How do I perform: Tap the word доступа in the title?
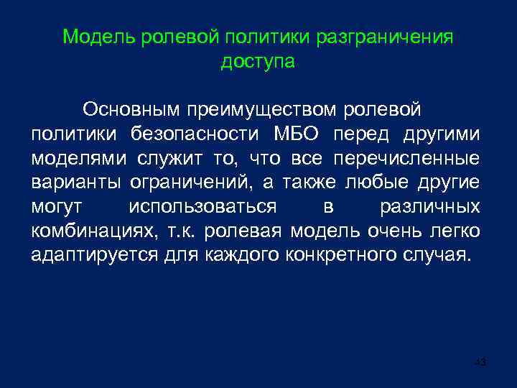click(x=258, y=62)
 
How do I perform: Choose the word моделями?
click(x=80, y=158)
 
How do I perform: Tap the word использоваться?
click(x=202, y=207)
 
